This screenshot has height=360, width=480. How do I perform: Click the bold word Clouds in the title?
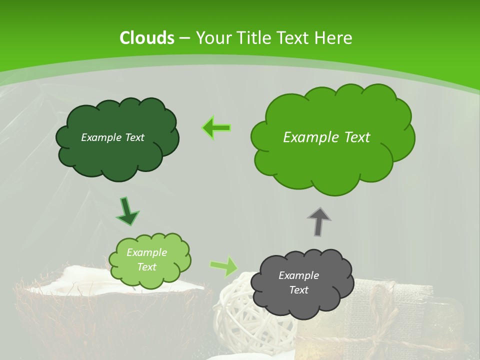(x=147, y=38)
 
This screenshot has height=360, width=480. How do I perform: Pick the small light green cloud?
(x=150, y=277)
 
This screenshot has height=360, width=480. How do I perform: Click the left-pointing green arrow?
(x=216, y=128)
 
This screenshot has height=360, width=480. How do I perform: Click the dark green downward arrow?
(x=127, y=211)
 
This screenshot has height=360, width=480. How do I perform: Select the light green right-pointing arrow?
(x=224, y=266)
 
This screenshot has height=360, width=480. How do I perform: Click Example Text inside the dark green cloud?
(x=112, y=137)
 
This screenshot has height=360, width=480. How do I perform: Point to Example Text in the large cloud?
(x=326, y=137)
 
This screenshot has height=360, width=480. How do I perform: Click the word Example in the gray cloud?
(x=298, y=275)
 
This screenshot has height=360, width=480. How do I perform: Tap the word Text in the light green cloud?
(x=147, y=267)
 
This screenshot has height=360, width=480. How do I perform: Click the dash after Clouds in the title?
(x=184, y=38)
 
